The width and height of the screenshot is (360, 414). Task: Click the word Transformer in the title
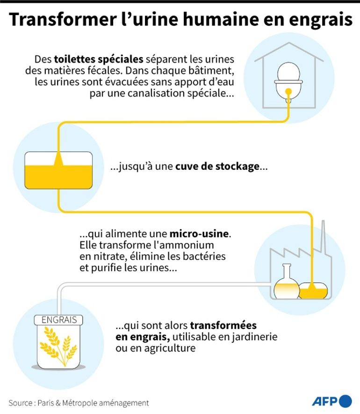tap(63, 19)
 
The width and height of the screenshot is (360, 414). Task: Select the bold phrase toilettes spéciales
tap(99, 59)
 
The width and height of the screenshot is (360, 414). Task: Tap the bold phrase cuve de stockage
tap(217, 167)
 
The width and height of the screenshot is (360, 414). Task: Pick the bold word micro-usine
tap(199, 234)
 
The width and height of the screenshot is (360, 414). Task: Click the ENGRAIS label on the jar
tap(58, 320)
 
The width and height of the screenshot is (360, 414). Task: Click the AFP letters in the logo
tap(325, 401)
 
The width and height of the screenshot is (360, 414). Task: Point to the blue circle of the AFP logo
tap(345, 401)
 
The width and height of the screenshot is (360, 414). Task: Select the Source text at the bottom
tap(79, 403)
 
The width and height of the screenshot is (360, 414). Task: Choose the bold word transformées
tap(223, 325)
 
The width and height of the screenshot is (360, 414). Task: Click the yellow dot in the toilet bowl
tap(288, 92)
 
